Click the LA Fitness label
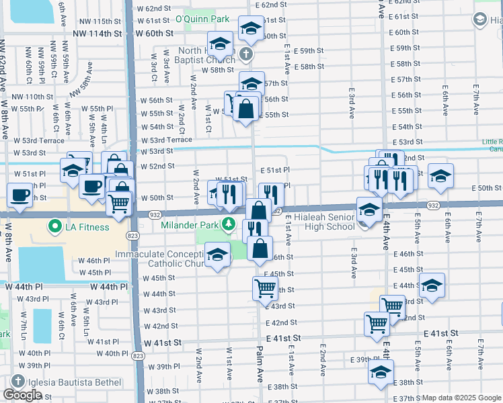[87, 227]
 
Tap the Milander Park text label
[191, 224]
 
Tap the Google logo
[22, 395]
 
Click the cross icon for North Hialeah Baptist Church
[246, 54]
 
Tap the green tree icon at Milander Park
[229, 223]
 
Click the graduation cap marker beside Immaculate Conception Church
[216, 255]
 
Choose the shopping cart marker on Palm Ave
[265, 289]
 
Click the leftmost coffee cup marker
[20, 195]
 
